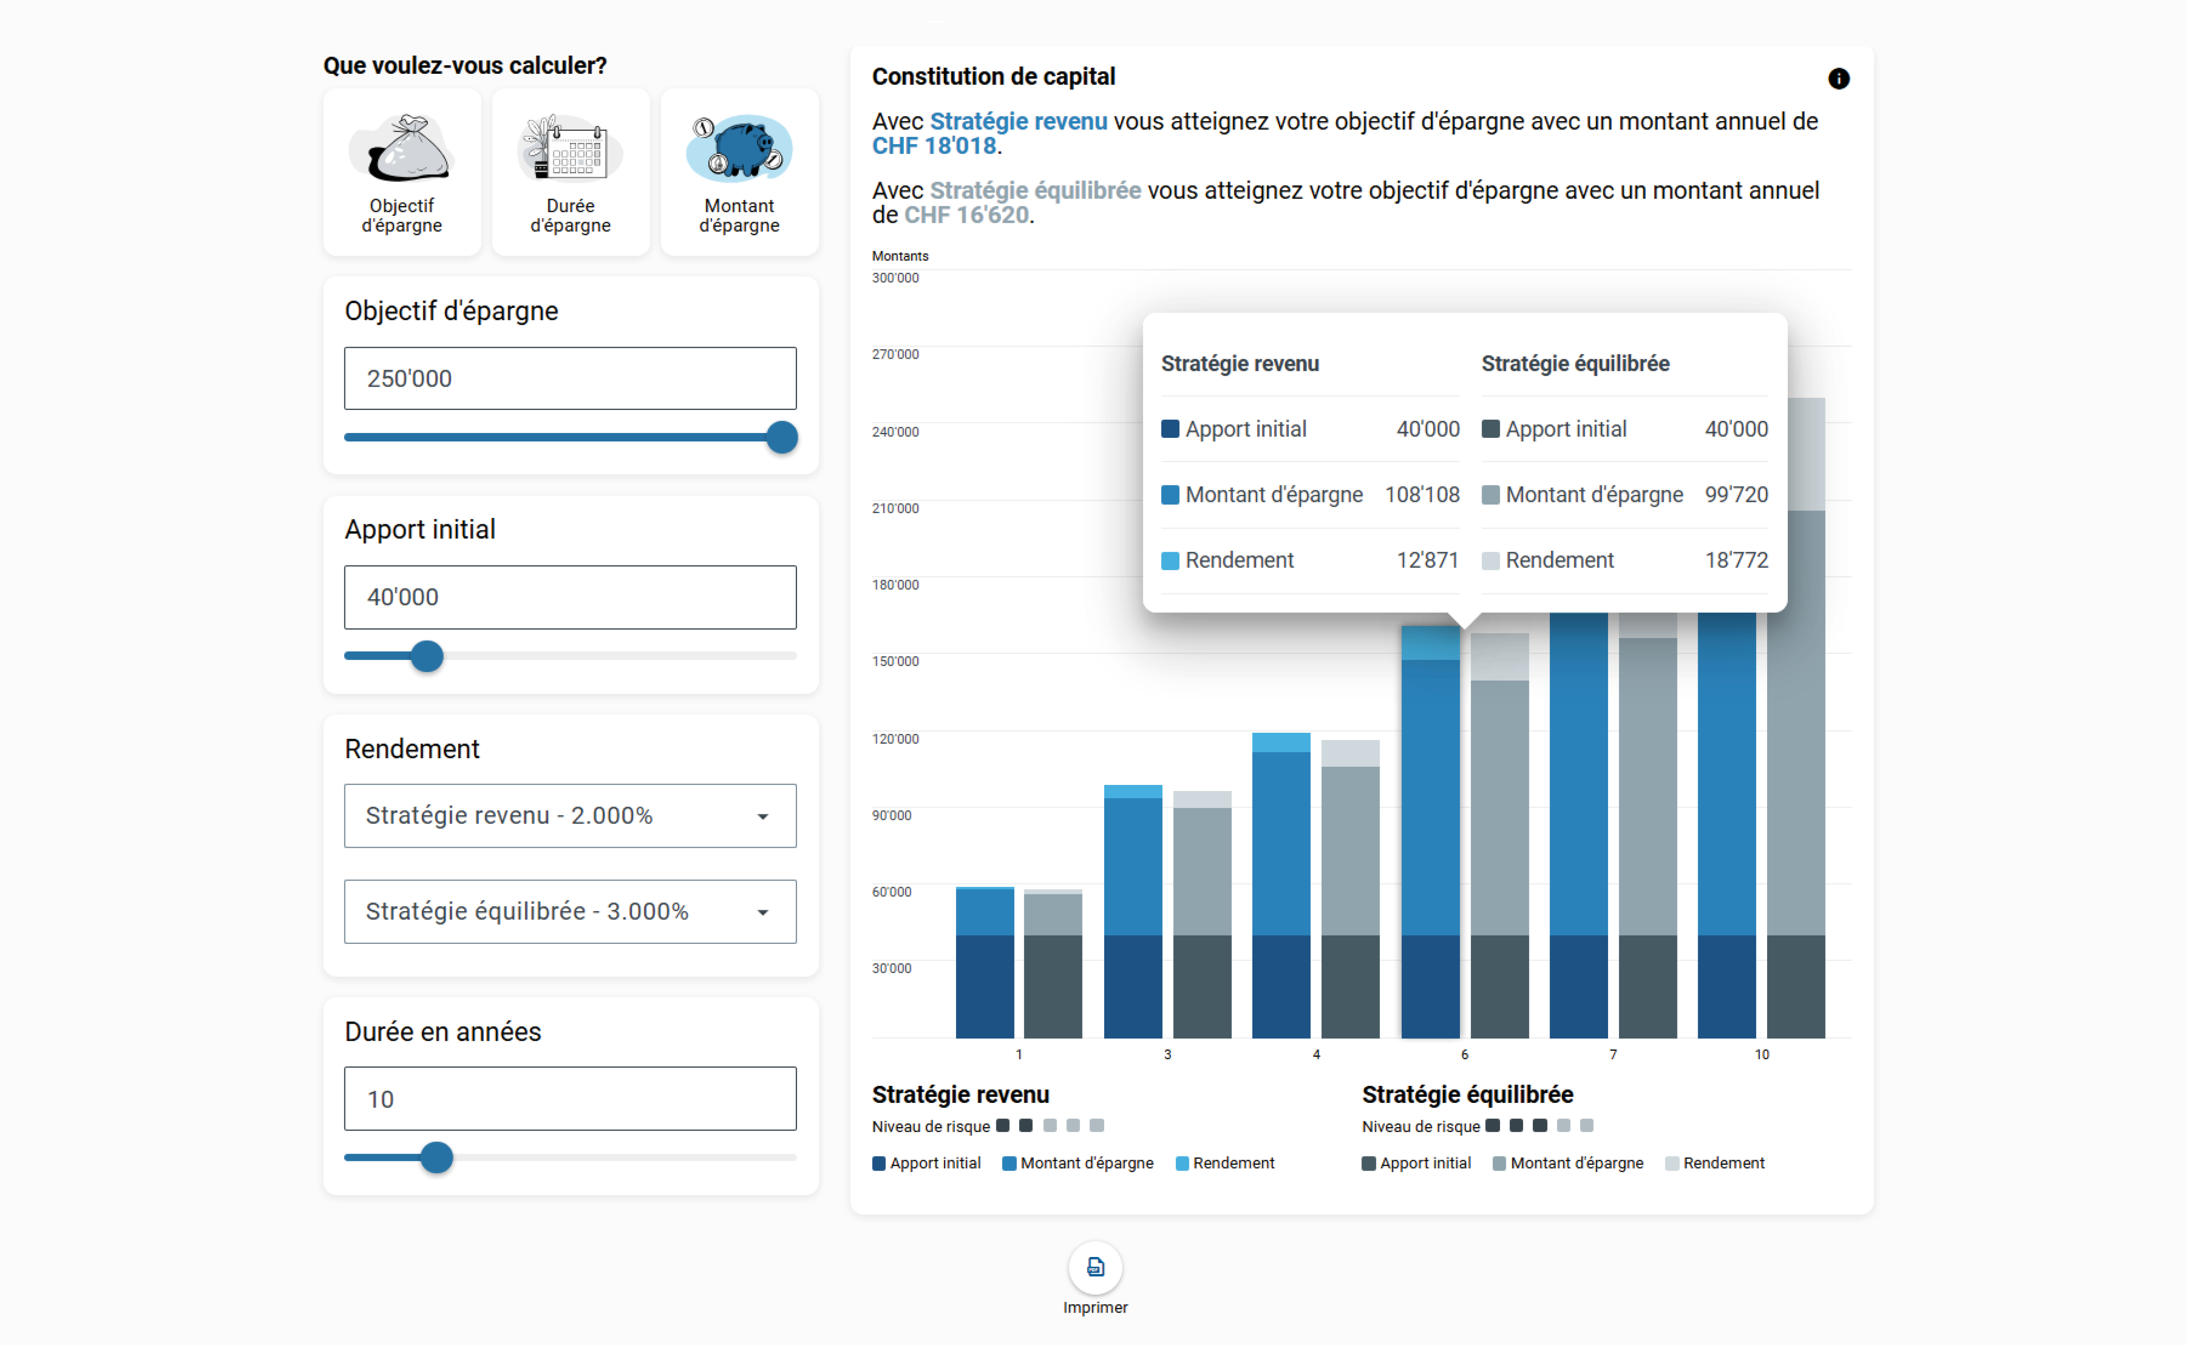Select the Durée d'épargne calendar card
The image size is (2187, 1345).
tap(570, 172)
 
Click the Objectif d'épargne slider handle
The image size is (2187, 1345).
tap(782, 437)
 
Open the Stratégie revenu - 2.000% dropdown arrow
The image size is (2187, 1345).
tap(763, 817)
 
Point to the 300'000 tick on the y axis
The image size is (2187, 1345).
tap(895, 278)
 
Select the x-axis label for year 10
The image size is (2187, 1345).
tap(1761, 1054)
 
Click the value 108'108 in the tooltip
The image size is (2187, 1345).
tap(1422, 495)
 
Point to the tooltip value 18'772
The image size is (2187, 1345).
tap(1736, 561)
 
